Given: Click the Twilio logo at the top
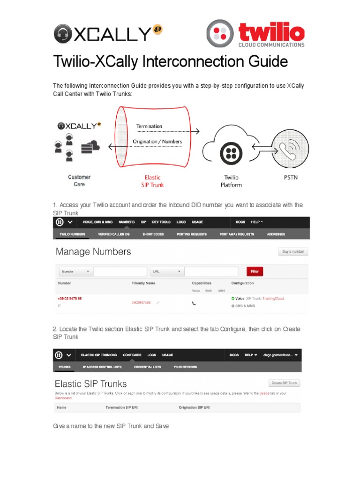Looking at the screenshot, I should coord(255,33).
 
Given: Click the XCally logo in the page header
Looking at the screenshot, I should coord(102,34).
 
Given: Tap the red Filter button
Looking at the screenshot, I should coord(255,271).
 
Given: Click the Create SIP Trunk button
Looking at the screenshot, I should coord(284,383).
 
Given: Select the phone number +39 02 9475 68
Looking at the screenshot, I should coord(70,298).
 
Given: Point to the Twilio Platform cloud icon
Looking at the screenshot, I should coord(230,150).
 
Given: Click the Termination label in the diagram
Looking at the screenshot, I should coord(149,126).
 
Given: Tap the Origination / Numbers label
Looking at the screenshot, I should coord(157,141).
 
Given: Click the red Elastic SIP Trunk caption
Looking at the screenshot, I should coord(152,181).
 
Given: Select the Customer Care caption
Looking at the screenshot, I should coord(79,180).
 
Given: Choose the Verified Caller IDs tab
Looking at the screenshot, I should coord(114,234).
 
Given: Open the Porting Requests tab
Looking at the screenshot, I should coord(191,234).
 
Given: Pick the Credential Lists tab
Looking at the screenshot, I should coord(147,367).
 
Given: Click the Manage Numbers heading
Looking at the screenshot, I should coord(93,252).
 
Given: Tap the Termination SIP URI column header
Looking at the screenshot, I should coord(125,408).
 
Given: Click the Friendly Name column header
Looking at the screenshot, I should coord(143,283).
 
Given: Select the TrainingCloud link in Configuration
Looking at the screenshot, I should coord(273,299).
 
